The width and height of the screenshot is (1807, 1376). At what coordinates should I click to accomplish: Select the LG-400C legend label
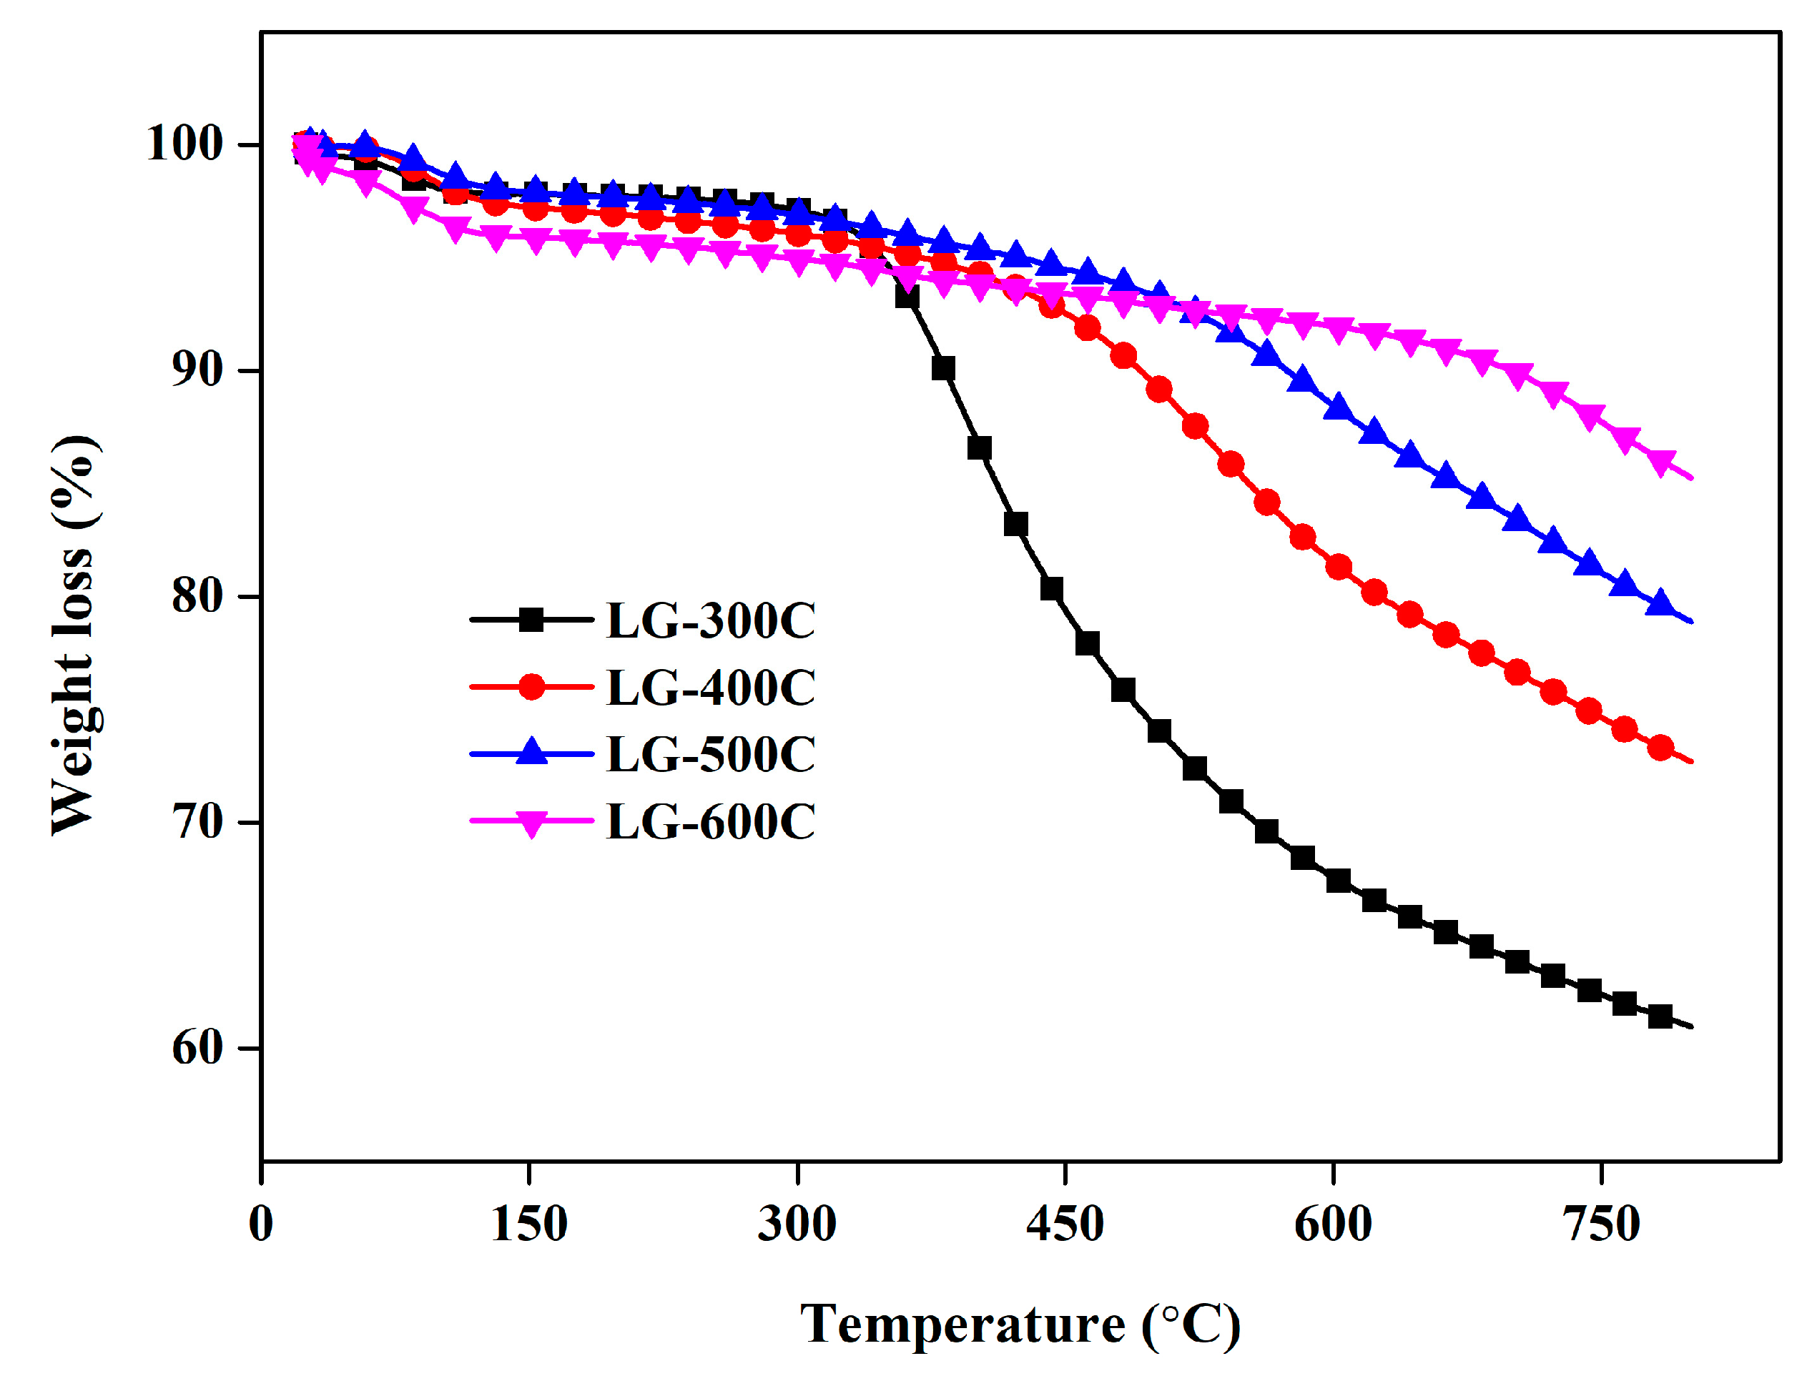click(709, 687)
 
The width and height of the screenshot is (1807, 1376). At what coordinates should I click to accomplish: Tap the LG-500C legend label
click(709, 754)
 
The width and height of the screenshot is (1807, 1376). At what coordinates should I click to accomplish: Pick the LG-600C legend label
click(709, 821)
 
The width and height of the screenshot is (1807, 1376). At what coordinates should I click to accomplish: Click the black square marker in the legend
click(531, 620)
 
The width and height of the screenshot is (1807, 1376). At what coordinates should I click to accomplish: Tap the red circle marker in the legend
click(531, 687)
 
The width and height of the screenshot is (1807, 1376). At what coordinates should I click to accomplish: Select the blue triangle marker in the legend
click(531, 752)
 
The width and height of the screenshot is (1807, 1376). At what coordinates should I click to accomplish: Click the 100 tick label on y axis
click(184, 144)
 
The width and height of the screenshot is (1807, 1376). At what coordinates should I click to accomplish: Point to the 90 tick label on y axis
click(197, 370)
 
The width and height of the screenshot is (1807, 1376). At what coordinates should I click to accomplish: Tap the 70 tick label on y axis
click(197, 821)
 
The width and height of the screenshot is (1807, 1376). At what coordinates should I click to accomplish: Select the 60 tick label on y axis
click(197, 1048)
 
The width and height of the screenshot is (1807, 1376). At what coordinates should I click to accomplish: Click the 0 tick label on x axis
click(260, 1224)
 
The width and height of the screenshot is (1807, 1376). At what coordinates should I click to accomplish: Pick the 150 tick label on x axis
click(528, 1224)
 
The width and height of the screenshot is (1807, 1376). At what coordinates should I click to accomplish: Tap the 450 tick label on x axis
click(1064, 1224)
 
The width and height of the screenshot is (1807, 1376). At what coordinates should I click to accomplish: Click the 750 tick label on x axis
click(1600, 1224)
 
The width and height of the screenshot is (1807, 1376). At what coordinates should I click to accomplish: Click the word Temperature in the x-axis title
click(962, 1325)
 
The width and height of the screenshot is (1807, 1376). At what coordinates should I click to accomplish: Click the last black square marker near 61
click(1660, 1016)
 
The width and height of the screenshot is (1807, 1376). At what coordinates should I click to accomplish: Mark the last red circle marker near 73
click(1660, 748)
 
